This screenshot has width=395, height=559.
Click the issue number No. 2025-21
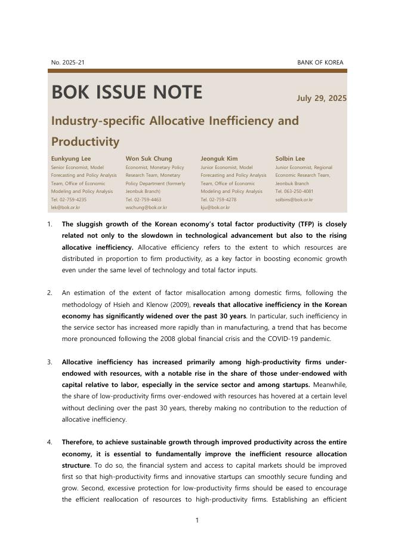(x=68, y=63)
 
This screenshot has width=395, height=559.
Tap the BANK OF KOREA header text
(x=320, y=63)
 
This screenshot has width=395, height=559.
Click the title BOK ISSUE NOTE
(x=126, y=93)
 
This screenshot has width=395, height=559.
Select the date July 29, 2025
(x=321, y=99)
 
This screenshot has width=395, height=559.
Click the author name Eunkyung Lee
(x=71, y=159)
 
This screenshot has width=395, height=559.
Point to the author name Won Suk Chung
(x=149, y=159)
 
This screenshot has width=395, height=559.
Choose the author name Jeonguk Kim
(x=219, y=159)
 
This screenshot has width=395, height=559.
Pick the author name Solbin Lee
(x=290, y=159)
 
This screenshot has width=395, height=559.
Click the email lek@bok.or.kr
(x=66, y=208)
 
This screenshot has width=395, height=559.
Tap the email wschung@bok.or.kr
(x=146, y=208)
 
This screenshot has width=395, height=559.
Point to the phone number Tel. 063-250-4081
(x=294, y=192)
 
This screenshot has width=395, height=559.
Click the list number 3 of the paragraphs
(x=50, y=362)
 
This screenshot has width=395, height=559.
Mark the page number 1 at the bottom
(x=197, y=521)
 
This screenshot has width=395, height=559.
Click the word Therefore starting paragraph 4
(x=81, y=443)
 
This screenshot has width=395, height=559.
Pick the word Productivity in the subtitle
(x=85, y=142)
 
